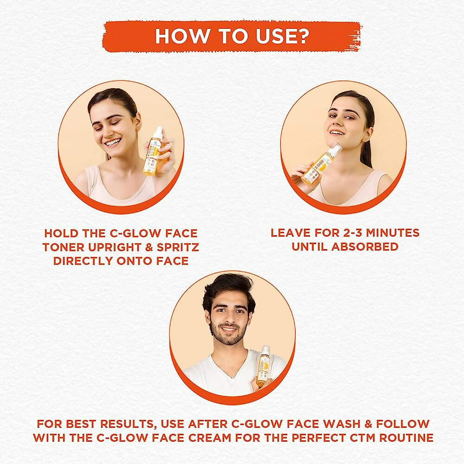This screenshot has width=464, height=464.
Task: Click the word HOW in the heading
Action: tap(182, 36)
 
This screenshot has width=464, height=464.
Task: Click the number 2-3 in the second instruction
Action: tap(353, 233)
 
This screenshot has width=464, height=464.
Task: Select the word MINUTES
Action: tap(393, 233)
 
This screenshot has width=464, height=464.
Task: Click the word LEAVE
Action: tap(290, 233)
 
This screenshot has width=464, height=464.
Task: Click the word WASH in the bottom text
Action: tap(342, 424)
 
